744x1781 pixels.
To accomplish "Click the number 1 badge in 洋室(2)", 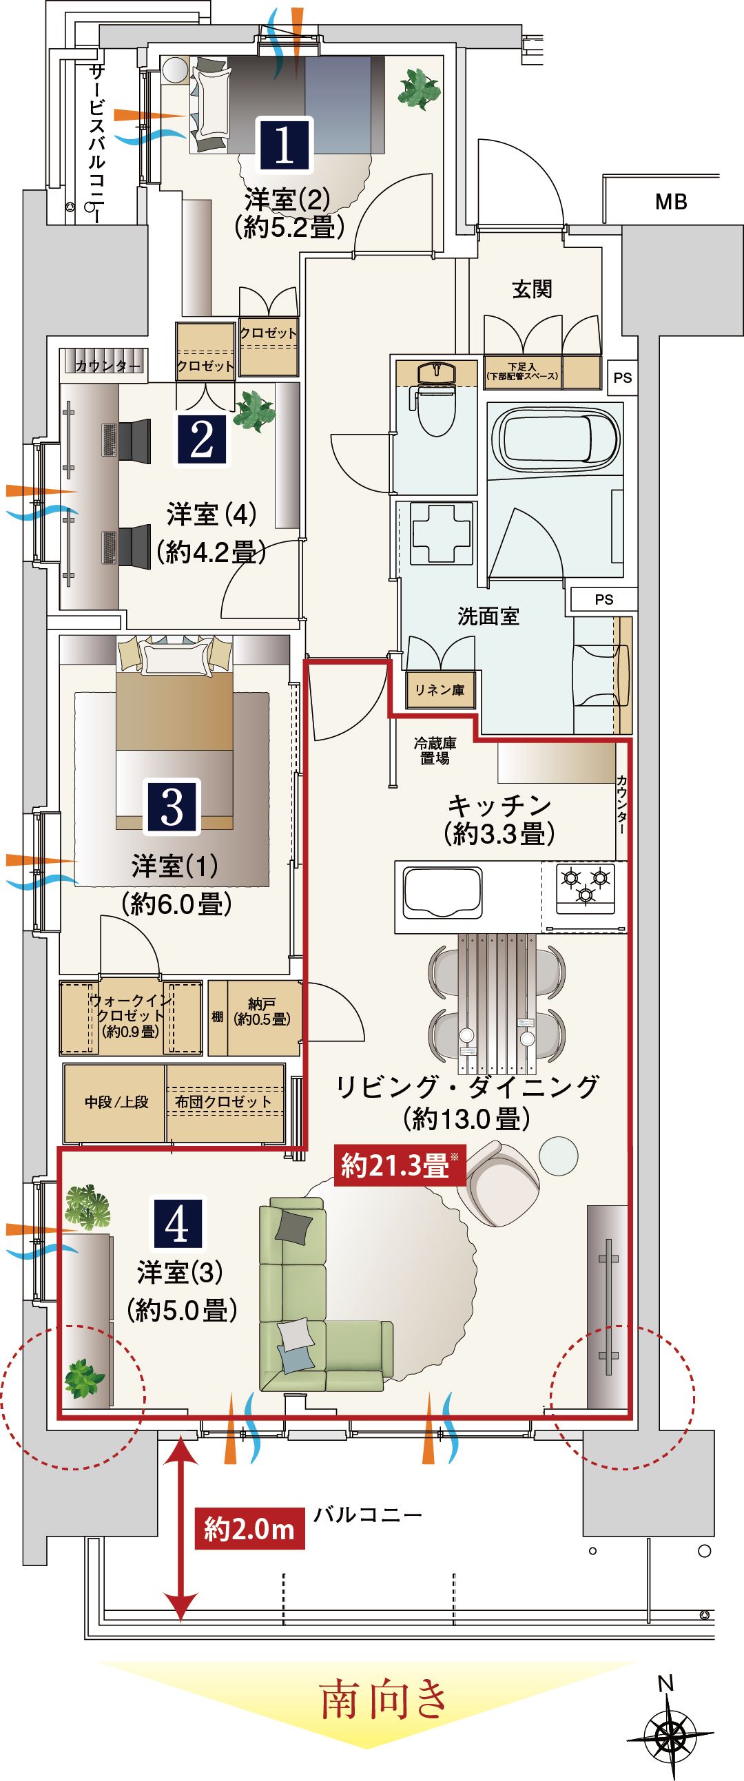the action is pos(286,144).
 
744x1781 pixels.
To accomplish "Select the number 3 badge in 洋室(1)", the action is pos(172,806).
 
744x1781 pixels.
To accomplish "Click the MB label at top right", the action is pos(671,202).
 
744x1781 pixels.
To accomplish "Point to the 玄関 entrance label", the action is pos(532,289).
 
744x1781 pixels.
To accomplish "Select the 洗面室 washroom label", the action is pos(488,616).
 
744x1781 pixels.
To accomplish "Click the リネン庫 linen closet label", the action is pos(440,689).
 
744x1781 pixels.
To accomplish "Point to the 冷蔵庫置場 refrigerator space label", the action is pos(435,751).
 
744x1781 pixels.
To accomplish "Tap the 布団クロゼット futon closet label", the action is pos(223,1101).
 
